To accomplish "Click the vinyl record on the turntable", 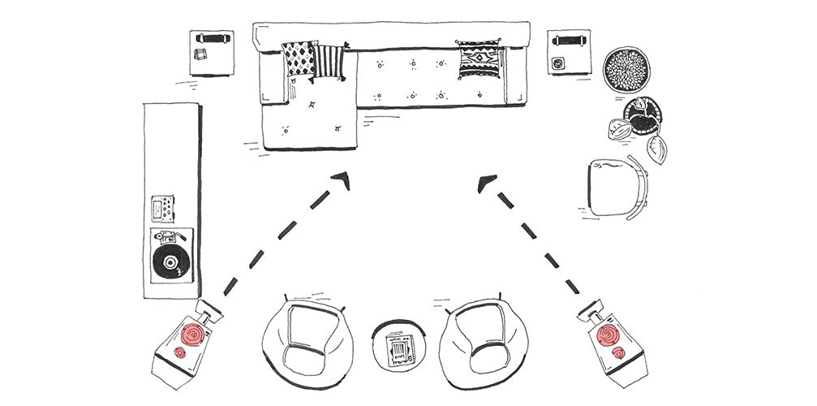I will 171,262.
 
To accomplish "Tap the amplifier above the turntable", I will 161,209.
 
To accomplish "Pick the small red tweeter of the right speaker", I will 620,352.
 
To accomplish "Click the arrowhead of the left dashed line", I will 343,180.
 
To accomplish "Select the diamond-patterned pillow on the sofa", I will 299,59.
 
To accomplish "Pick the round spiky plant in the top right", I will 626,68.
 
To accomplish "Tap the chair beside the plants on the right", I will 616,187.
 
